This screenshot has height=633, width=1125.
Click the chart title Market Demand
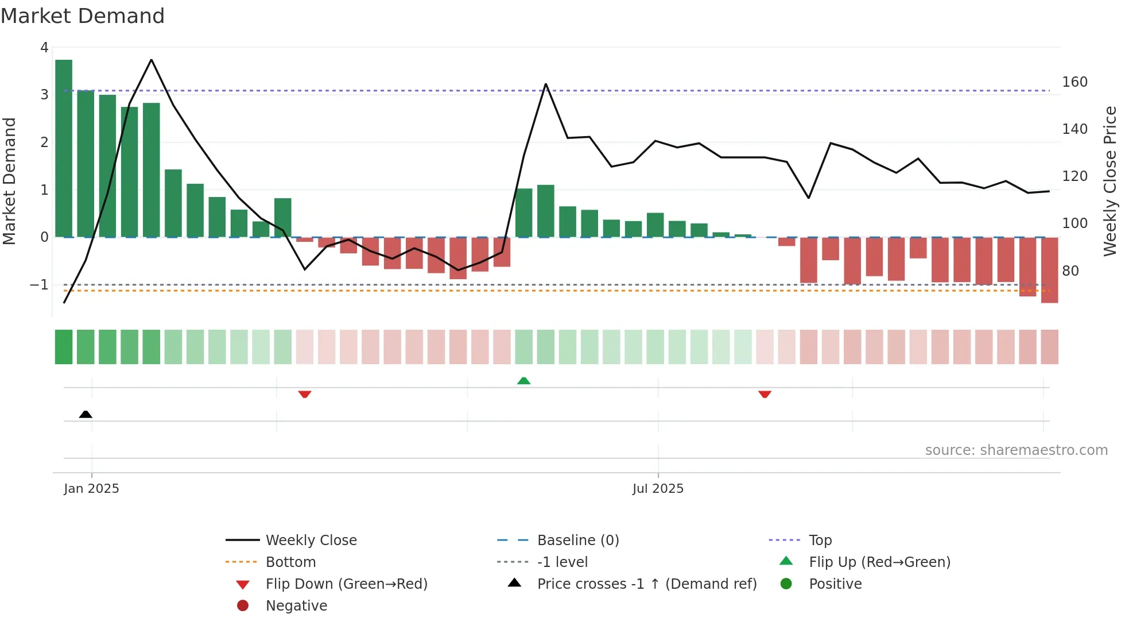[x=83, y=16]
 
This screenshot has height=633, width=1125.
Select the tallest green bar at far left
[x=64, y=148]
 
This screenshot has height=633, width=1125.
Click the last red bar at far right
[x=1049, y=270]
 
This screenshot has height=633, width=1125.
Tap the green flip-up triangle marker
[x=523, y=381]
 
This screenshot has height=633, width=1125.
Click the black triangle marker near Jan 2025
[x=86, y=414]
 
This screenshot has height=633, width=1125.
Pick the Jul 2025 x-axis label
[x=658, y=489]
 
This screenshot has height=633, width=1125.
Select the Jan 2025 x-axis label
[x=92, y=489]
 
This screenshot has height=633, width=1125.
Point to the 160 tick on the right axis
[x=1074, y=82]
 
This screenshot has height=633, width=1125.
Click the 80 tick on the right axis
[x=1070, y=271]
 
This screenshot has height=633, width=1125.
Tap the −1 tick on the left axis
[x=39, y=285]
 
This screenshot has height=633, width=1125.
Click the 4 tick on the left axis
[x=44, y=48]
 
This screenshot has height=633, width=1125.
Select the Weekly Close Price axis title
[x=1110, y=181]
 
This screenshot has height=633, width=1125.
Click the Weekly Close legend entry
[x=311, y=541]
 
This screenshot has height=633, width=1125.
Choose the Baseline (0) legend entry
[x=577, y=541]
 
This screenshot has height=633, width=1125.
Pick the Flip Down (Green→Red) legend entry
[x=346, y=584]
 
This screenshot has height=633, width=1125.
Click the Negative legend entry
[x=296, y=606]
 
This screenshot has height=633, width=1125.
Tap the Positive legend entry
[x=835, y=584]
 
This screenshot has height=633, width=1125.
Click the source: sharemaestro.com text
[x=1016, y=450]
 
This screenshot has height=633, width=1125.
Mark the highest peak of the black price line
[x=151, y=60]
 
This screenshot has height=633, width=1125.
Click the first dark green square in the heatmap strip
[x=64, y=347]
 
